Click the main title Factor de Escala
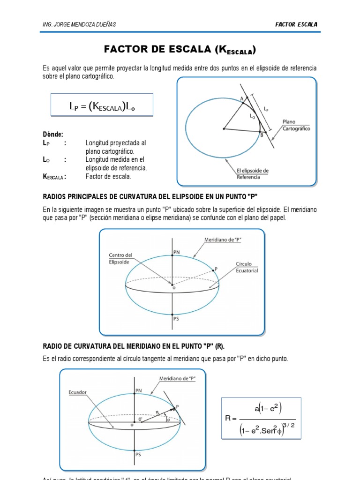pyautogui.click(x=180, y=50)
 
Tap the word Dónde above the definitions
pyautogui.click(x=52, y=134)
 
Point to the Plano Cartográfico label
pyautogui.click(x=296, y=125)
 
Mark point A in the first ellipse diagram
pyautogui.click(x=242, y=98)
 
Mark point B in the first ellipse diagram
pyautogui.click(x=262, y=135)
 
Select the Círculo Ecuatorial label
pyautogui.click(x=247, y=268)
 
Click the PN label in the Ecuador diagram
pyautogui.click(x=138, y=390)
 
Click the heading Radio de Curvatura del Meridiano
pyautogui.click(x=134, y=346)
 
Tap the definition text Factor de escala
pyautogui.click(x=108, y=176)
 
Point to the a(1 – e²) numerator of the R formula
pyautogui.click(x=268, y=408)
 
